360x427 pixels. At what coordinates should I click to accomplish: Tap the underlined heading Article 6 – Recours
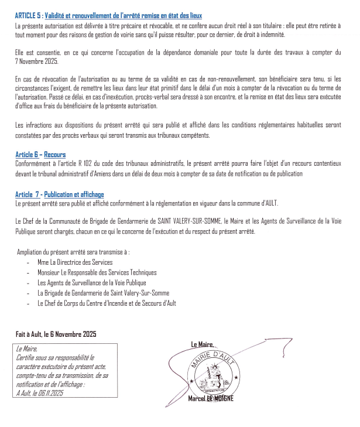coord(40,155)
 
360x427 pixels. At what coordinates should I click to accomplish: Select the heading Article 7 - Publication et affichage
coord(60,194)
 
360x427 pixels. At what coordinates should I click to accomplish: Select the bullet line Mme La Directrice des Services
coord(75,262)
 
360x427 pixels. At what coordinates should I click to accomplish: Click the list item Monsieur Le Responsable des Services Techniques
coord(97,272)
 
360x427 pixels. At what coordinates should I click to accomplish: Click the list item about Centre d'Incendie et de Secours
coord(106,303)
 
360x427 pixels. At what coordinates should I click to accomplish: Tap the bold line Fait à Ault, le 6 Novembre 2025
coord(56,334)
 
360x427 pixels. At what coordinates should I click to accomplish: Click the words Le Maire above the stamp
coord(203,344)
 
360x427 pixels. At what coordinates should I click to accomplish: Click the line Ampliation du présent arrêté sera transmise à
coord(73,252)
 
